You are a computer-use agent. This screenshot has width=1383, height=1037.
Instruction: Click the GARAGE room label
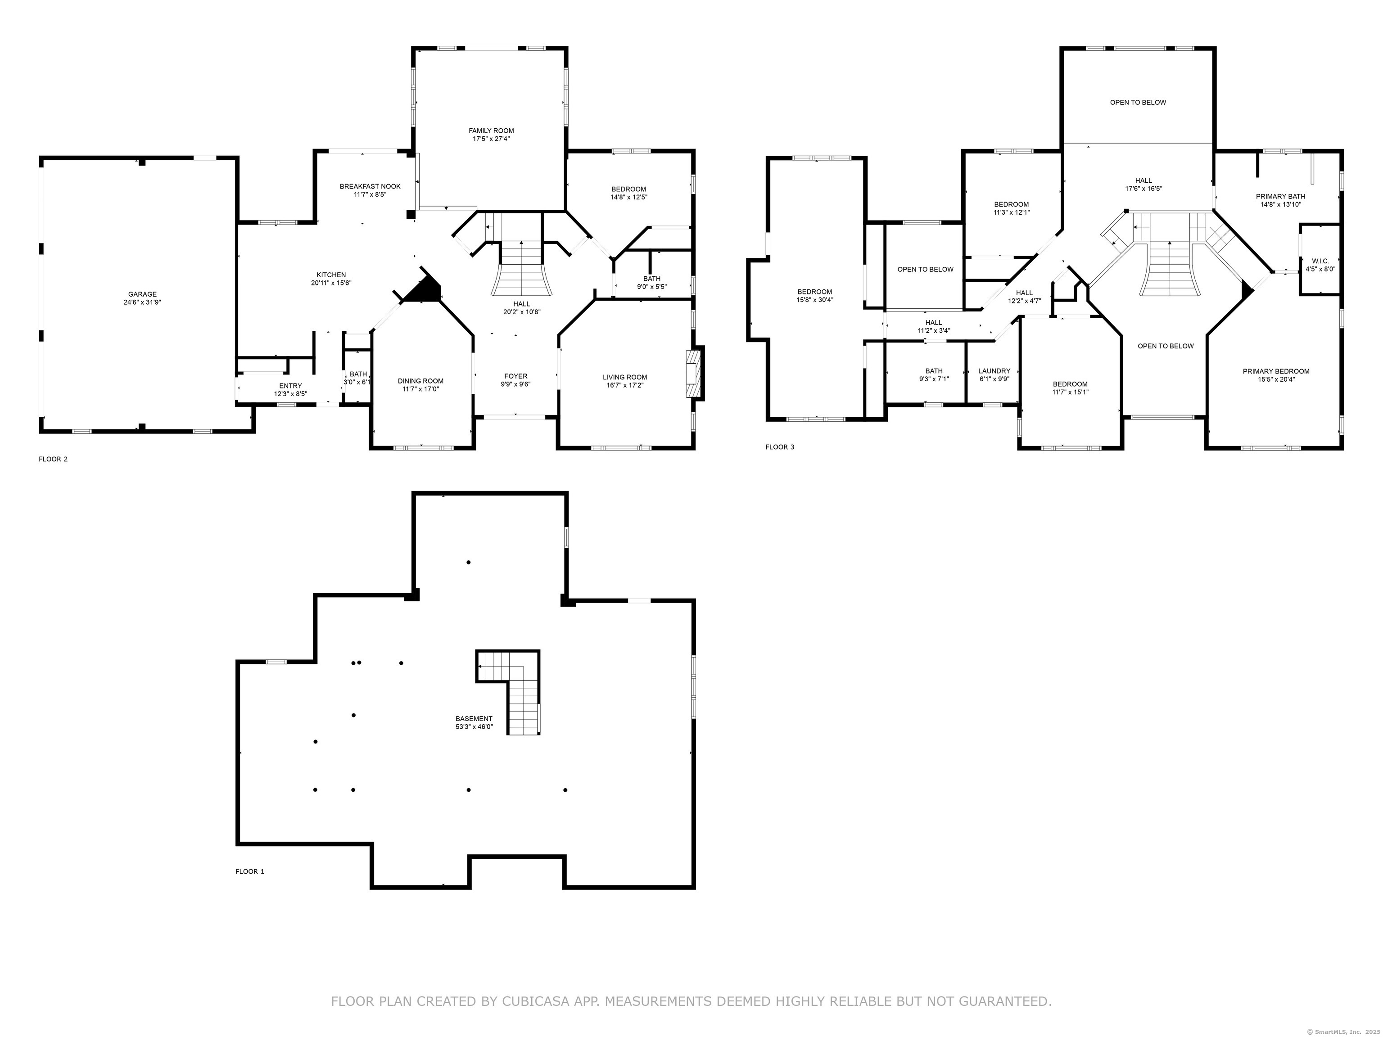coord(143,294)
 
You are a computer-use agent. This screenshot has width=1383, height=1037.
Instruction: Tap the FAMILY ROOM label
coord(492,131)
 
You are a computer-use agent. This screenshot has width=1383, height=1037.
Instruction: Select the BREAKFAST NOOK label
coord(370,186)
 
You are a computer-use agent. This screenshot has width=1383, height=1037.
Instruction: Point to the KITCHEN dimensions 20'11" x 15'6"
coord(331,283)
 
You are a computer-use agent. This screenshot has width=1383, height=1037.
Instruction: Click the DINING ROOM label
coord(421,381)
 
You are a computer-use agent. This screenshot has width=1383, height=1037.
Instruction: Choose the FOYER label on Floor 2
coord(516,376)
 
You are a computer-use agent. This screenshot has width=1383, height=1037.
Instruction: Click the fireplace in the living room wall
coord(695,373)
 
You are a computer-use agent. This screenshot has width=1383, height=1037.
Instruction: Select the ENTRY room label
coord(291,386)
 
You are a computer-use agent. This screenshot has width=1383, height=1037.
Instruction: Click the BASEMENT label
coord(474,719)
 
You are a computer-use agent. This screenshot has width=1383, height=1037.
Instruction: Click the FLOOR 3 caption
coord(780,447)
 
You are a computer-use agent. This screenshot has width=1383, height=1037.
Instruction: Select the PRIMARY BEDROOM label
coord(1276,371)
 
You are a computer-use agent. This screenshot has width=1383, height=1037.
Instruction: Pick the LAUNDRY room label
coord(994,371)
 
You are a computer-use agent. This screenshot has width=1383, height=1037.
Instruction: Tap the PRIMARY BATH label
coord(1280,196)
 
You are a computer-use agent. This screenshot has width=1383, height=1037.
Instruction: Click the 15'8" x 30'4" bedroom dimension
coord(815,300)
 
